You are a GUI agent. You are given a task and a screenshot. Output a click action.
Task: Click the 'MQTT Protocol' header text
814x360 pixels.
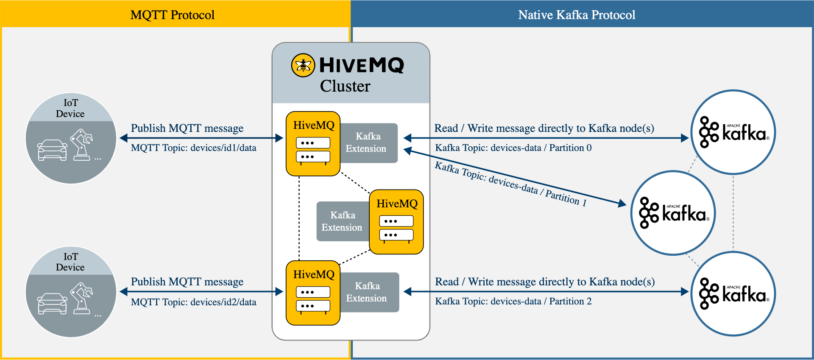[x=172, y=15]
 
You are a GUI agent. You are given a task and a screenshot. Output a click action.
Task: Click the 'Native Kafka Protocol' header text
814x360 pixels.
[x=577, y=15]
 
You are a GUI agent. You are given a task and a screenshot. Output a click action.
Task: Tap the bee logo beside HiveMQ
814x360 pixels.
[x=303, y=65]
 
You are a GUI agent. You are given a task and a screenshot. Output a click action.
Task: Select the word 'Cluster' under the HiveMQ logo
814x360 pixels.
[x=345, y=86]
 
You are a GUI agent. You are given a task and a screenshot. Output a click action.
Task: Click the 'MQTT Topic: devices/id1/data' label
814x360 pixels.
[x=193, y=148]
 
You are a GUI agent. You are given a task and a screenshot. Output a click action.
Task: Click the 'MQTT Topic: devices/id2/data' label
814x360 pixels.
[x=193, y=302]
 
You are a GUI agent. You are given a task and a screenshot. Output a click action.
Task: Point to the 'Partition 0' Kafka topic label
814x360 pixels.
[x=513, y=148]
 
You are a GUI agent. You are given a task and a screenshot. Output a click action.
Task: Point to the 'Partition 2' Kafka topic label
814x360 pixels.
[x=513, y=301]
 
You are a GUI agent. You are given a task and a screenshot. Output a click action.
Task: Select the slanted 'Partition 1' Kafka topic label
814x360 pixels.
[x=511, y=184]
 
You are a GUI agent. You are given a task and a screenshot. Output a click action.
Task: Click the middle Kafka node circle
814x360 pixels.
[x=673, y=213]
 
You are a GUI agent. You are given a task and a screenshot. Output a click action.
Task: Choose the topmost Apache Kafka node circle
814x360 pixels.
[x=733, y=132]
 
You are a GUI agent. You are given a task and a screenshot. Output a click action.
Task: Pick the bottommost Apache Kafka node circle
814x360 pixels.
[x=733, y=294]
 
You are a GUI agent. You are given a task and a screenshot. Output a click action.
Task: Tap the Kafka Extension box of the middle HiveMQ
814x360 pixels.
[x=342, y=221]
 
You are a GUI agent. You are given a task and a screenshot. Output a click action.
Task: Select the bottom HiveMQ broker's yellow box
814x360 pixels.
[x=313, y=293]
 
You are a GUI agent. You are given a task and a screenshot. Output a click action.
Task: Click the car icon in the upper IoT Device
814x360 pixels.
[x=52, y=150]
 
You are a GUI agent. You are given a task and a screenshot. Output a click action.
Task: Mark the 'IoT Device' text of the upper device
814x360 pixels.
[x=70, y=108]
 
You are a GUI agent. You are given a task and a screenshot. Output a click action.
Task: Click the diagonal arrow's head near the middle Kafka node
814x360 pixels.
[x=622, y=204]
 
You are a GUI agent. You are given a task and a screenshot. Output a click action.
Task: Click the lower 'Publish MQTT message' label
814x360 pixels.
[x=187, y=282]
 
